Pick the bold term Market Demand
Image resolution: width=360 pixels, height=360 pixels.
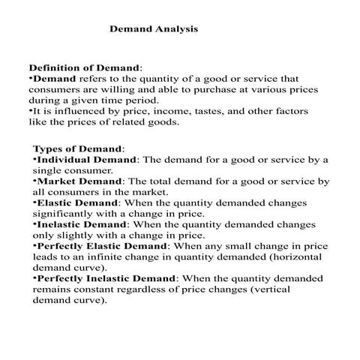[x=81, y=181]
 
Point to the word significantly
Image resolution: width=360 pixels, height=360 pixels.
[x=62, y=213]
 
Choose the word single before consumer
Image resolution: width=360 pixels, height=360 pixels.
[x=49, y=170]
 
